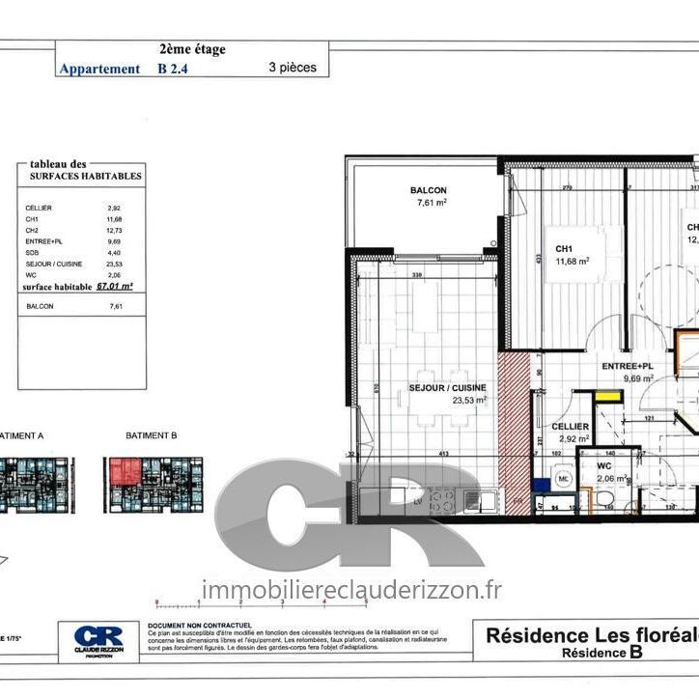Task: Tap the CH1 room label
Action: [565, 248]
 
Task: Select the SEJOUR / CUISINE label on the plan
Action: [447, 387]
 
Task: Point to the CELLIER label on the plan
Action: [570, 426]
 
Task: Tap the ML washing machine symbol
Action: [564, 477]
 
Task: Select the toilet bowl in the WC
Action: [605, 497]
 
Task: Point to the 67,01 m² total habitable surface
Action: [114, 287]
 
